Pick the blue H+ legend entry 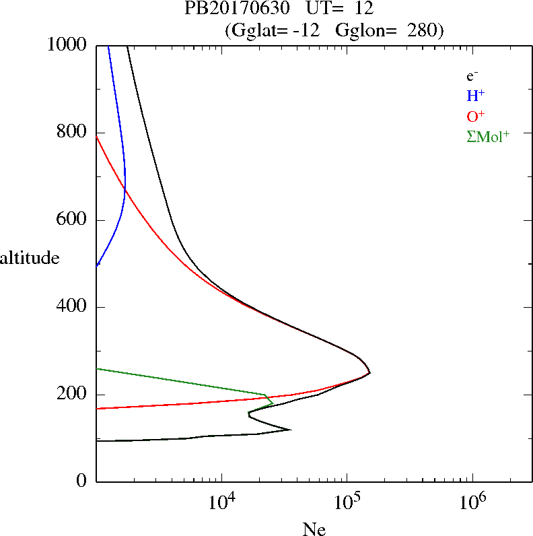(475, 95)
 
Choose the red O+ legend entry (475, 115)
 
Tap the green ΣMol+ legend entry (488, 136)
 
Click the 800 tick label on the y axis (72, 132)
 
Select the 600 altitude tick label (72, 220)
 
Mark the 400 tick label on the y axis (72, 307)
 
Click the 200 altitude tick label (72, 394)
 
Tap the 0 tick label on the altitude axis (82, 481)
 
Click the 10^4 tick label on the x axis (222, 502)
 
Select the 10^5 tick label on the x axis (347, 502)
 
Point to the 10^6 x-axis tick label (472, 502)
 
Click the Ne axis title (314, 529)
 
